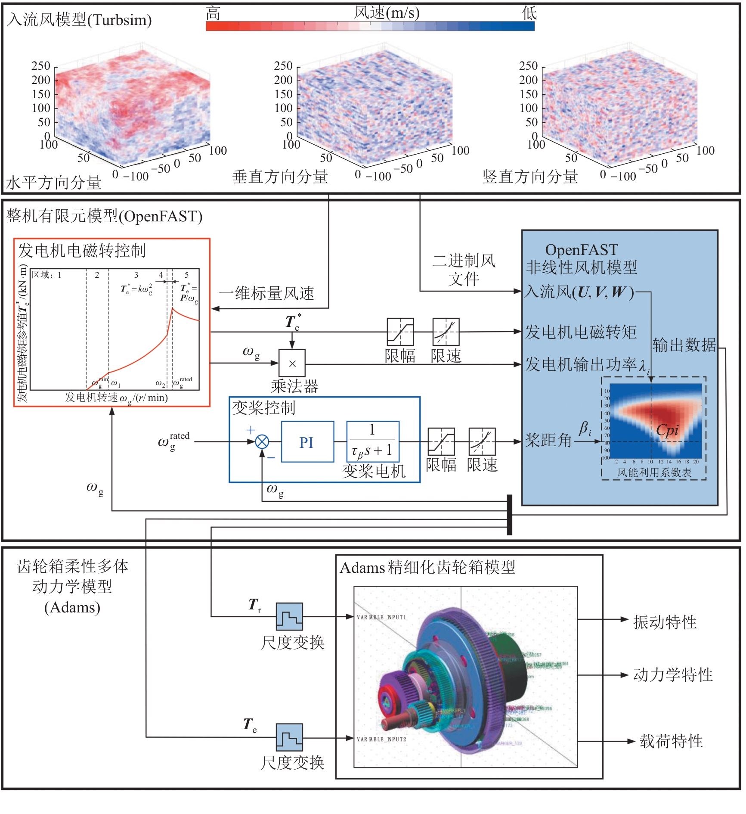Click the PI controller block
coord(307,442)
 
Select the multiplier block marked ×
coord(292,363)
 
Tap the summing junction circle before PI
coord(262,442)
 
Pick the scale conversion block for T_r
coord(289,617)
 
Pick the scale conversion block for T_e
coord(289,737)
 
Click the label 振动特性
coord(665,622)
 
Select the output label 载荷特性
coord(671,741)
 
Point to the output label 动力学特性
coord(672,675)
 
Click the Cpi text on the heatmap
coord(667,430)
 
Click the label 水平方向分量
coord(54,183)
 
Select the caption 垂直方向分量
coord(280,177)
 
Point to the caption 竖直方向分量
coord(530,177)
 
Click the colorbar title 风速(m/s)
coord(386,13)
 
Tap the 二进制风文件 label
coord(464,270)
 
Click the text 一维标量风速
coord(267,293)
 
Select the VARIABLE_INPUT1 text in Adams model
coord(381,617)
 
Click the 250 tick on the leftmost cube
coord(41,66)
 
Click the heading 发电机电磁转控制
coord(82,250)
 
